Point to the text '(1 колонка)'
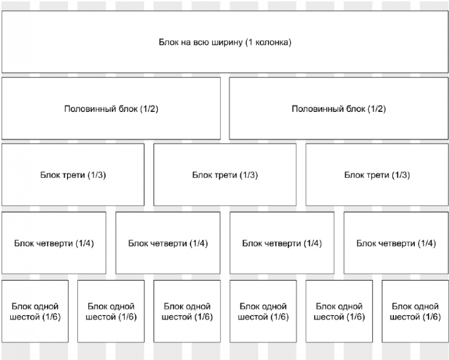click(x=268, y=43)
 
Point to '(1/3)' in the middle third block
click(x=248, y=175)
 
